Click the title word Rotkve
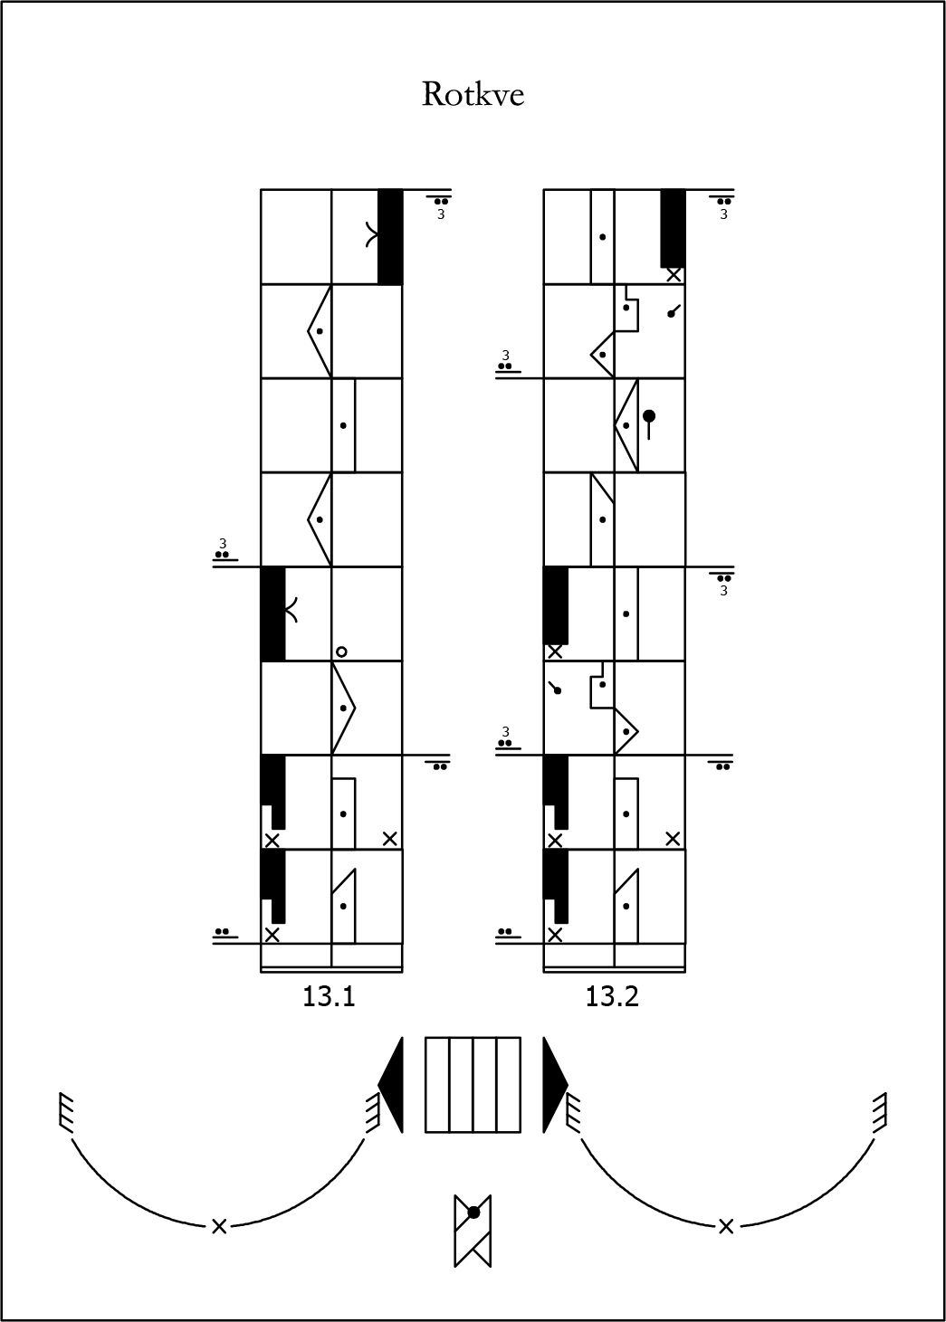[x=473, y=94]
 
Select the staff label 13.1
[x=329, y=997]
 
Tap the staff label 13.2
[x=612, y=997]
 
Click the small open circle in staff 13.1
[x=341, y=651]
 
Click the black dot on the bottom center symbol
[x=473, y=1213]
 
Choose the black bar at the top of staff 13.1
[x=390, y=237]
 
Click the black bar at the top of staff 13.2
[x=674, y=228]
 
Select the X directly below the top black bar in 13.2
[x=674, y=275]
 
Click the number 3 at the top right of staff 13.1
[x=441, y=214]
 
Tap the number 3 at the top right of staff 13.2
[x=723, y=214]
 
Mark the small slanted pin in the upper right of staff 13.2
[x=674, y=310]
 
